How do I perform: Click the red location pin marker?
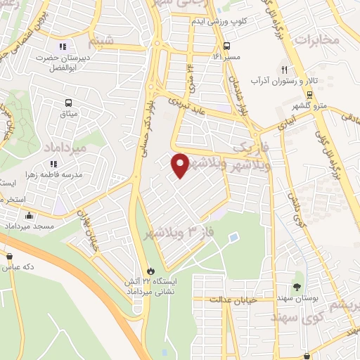click(x=180, y=165)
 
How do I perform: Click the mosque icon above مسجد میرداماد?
click(x=29, y=216)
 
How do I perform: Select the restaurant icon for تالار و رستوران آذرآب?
click(x=284, y=70)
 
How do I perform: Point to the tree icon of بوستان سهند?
click(x=297, y=286)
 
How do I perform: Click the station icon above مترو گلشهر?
click(x=309, y=94)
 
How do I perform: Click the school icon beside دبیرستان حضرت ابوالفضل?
click(x=72, y=46)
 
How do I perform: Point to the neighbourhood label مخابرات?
click(x=316, y=39)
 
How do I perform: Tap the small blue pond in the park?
click(x=233, y=236)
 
